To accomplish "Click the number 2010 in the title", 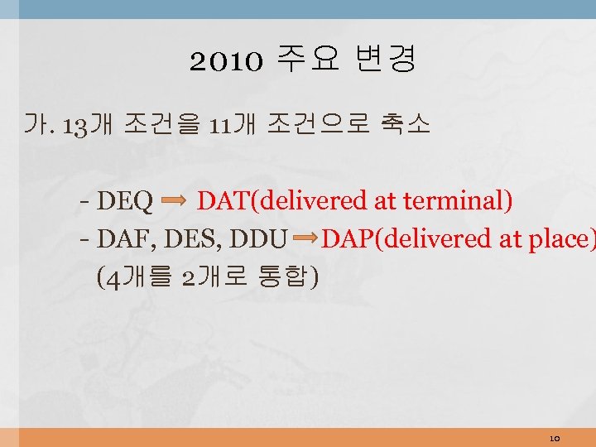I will [x=226, y=60].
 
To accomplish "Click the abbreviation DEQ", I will [x=125, y=201].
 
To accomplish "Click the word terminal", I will [x=459, y=201].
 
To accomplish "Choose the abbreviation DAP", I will [x=347, y=239].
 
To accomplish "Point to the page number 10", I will [x=555, y=437].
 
